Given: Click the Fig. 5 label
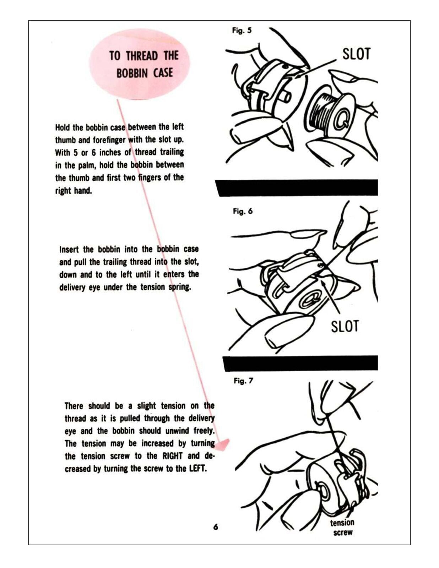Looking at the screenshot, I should click(242, 31).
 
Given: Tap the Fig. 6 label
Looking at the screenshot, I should click(243, 212).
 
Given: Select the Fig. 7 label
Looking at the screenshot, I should click(243, 381).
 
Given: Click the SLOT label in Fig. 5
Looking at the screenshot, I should click(356, 54).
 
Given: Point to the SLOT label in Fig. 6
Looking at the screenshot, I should click(345, 326).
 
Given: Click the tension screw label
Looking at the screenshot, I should click(342, 527).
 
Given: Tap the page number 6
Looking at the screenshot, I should click(216, 527).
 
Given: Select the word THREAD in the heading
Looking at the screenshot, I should click(142, 56).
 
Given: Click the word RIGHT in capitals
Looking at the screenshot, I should click(172, 456).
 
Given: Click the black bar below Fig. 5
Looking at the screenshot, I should click(297, 187).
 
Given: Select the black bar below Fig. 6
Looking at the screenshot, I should click(300, 363).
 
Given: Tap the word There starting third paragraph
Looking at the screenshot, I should click(74, 406).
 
